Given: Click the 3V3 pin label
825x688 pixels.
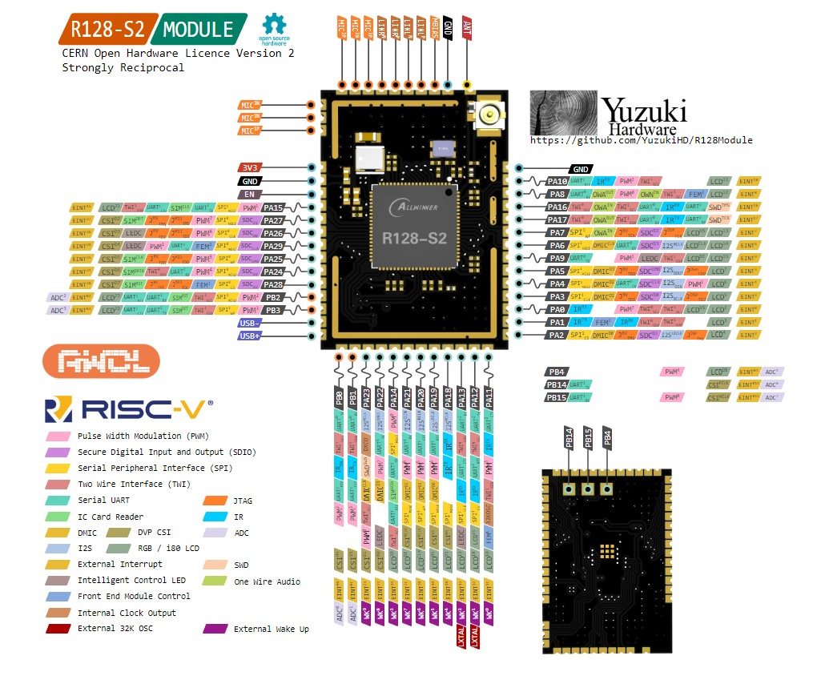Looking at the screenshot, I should pos(248,167).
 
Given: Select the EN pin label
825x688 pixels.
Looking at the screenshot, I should pos(248,195).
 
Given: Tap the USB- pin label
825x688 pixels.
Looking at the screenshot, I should pos(248,323).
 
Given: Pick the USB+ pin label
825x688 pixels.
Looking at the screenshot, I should pos(248,336).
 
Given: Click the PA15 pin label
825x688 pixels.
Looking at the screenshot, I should pos(274,207).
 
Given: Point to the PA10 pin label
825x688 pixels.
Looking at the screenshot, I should pos(557,182).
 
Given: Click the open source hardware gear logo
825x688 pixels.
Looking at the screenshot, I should pos(274,25).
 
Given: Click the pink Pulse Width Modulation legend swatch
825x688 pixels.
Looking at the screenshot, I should pos(58,437).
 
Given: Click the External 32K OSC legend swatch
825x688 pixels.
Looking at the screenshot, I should pos(58,629).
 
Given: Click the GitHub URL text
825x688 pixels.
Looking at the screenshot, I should pos(641,140).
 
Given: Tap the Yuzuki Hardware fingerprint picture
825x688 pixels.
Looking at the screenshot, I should pos(564,111).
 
